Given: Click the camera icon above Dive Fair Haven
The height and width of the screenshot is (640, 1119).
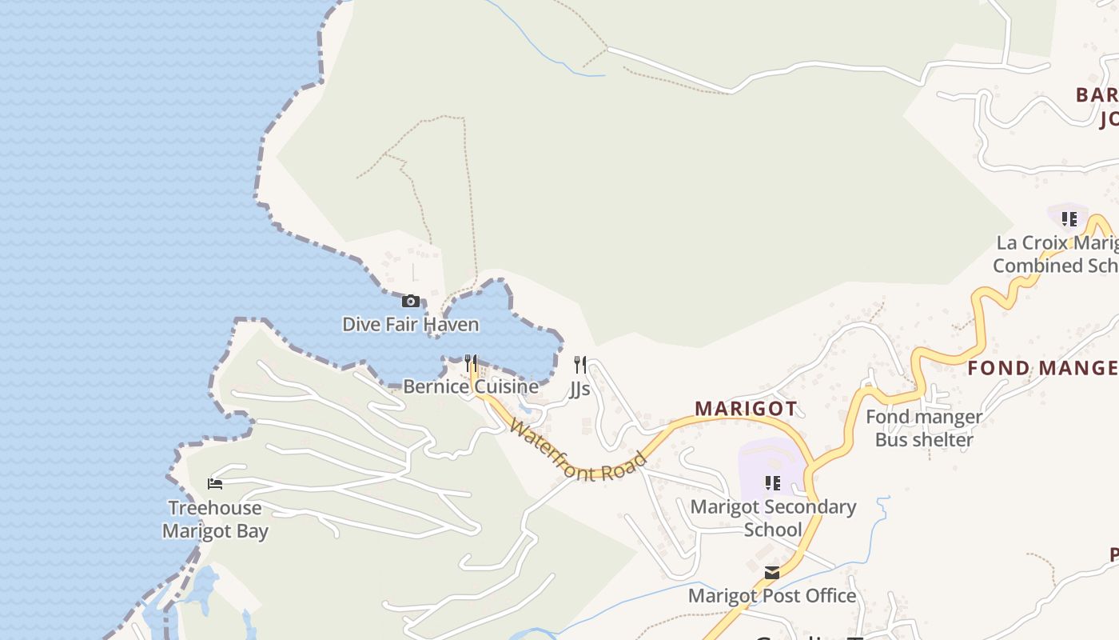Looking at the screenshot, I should click(x=411, y=302).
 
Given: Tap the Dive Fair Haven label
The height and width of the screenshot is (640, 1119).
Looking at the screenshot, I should click(x=411, y=325).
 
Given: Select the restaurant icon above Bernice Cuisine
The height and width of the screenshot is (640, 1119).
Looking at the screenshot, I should click(x=471, y=364).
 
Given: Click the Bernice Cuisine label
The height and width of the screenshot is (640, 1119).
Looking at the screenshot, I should click(x=471, y=387).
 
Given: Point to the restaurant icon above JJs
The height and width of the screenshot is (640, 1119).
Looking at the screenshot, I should click(x=580, y=366).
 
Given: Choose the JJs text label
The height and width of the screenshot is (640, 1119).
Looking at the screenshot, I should click(x=580, y=389).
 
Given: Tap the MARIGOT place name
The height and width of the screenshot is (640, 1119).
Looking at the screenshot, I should click(x=746, y=409).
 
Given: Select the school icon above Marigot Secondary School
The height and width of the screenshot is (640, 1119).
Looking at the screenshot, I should click(x=773, y=483).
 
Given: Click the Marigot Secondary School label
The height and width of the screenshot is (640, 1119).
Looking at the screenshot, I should click(x=773, y=518).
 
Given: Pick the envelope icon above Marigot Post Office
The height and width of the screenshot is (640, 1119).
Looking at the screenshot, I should click(x=772, y=573).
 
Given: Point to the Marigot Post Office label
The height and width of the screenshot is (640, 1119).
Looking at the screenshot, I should click(x=772, y=596).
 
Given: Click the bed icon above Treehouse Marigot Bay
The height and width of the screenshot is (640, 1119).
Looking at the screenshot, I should click(x=215, y=484).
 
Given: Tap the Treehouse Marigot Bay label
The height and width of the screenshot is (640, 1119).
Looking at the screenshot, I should click(x=215, y=519).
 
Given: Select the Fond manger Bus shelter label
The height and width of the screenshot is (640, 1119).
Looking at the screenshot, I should click(x=924, y=428).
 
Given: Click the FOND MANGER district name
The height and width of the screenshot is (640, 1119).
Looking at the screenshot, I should click(x=1042, y=369).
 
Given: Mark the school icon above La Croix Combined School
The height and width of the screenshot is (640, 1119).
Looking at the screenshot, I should click(x=1069, y=219).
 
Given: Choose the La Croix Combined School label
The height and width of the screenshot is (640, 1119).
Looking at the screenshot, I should click(x=1055, y=254).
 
